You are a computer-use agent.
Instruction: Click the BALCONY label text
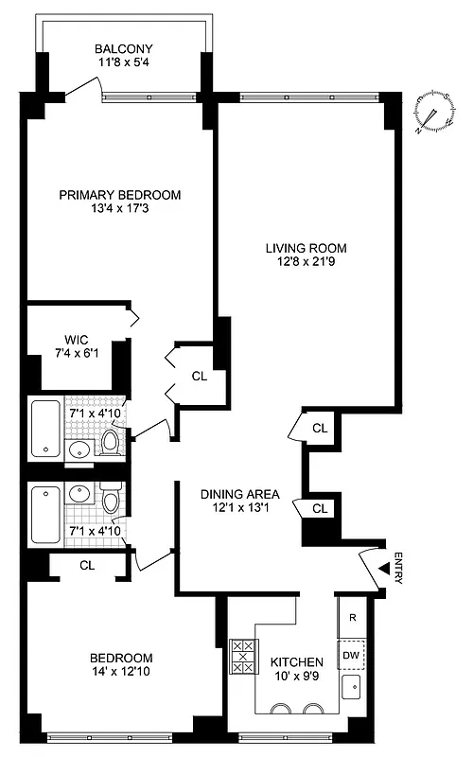tap(123, 49)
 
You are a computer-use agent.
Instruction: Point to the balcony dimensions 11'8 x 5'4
tap(123, 64)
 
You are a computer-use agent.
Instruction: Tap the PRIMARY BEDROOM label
tap(120, 195)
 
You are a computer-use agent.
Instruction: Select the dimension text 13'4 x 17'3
tap(120, 209)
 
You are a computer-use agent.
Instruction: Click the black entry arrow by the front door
tap(385, 568)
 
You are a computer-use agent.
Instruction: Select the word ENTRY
tap(398, 568)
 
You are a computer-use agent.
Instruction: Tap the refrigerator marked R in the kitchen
tap(351, 618)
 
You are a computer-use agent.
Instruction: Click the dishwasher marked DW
tap(351, 654)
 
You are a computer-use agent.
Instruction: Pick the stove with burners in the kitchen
tap(242, 655)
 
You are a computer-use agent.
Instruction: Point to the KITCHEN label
tap(297, 661)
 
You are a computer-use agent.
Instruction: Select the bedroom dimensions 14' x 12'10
tap(120, 673)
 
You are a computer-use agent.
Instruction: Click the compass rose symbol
tap(431, 114)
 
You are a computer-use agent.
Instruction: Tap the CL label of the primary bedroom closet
tap(199, 376)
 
